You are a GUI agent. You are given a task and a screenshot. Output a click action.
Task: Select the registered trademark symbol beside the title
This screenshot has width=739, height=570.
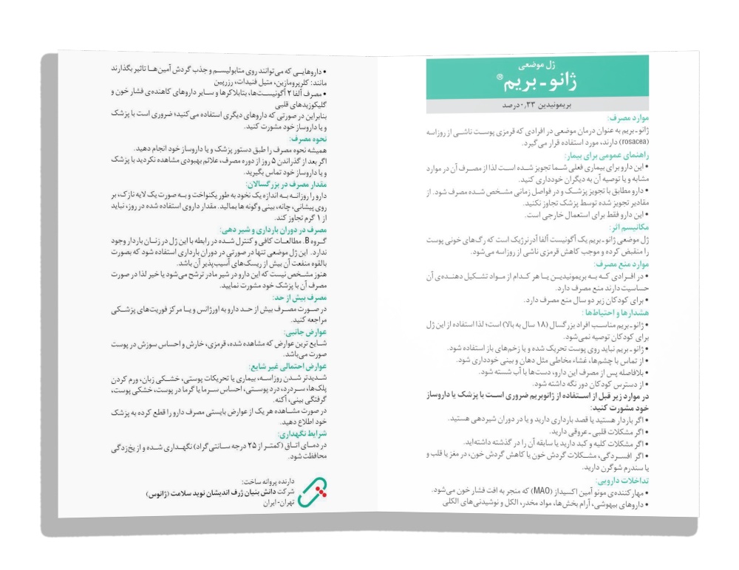tap(491, 78)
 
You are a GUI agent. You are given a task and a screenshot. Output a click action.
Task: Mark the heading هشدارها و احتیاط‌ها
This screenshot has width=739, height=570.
tap(605, 312)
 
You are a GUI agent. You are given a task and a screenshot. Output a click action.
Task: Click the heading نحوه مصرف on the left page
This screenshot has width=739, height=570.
tap(301, 138)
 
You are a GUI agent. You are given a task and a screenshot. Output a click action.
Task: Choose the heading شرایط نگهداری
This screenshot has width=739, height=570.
tap(299, 434)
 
